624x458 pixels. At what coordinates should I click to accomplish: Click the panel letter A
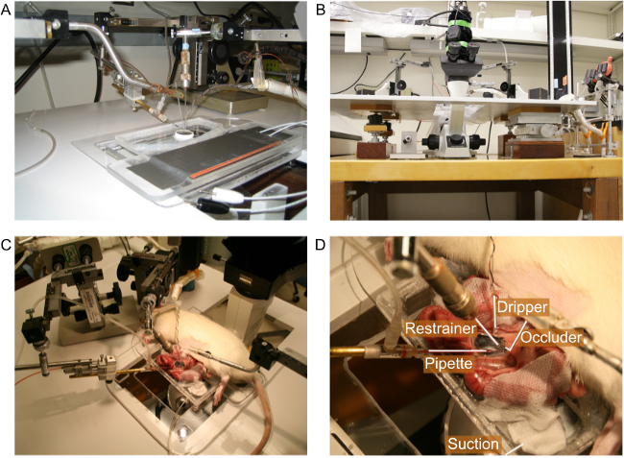pyautogui.click(x=6, y=10)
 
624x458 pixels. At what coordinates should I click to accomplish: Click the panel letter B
pyautogui.click(x=321, y=10)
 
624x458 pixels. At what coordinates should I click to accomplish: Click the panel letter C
pyautogui.click(x=6, y=245)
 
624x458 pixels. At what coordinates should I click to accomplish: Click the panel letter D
pyautogui.click(x=321, y=245)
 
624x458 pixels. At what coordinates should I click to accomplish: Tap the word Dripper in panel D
pyautogui.click(x=522, y=307)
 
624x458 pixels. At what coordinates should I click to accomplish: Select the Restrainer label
pyautogui.click(x=441, y=328)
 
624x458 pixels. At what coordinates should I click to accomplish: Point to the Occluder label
pyautogui.click(x=551, y=337)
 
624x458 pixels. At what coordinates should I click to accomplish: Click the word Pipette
pyautogui.click(x=448, y=363)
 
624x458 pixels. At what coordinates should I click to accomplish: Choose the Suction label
pyautogui.click(x=472, y=444)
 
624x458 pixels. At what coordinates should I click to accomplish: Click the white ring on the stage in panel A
pyautogui.click(x=184, y=134)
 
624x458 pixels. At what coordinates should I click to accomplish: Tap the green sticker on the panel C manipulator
pyautogui.click(x=69, y=253)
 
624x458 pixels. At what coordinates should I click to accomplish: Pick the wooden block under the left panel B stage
pyautogui.click(x=372, y=150)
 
